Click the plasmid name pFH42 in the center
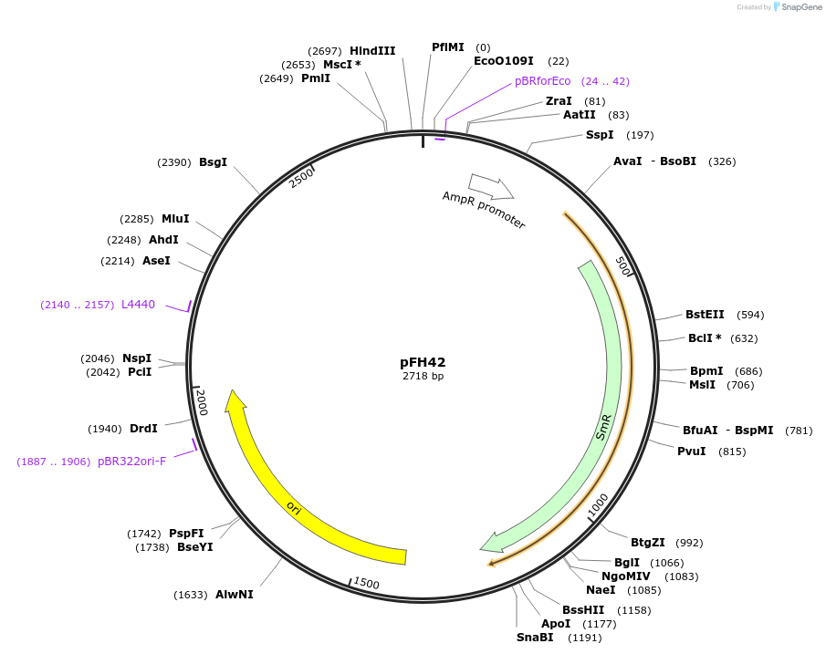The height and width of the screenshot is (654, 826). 423,362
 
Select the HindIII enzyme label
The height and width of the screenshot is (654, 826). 372,51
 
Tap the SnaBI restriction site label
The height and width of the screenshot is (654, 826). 535,637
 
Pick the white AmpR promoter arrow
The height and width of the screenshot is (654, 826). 491,186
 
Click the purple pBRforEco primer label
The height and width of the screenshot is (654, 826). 542,81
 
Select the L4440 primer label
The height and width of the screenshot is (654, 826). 138,305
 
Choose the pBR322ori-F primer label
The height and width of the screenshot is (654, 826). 132,462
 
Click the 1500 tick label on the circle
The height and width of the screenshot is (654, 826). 366,584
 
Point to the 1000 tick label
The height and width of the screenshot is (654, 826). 597,504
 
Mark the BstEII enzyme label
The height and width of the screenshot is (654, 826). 705,315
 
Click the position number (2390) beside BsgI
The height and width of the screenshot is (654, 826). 173,162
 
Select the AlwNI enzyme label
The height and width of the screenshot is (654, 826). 235,595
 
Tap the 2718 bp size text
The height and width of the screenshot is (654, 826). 423,376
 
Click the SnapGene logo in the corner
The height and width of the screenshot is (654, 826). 798,7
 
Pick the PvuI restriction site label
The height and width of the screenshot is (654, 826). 691,452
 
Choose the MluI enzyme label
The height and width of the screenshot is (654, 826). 175,219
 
